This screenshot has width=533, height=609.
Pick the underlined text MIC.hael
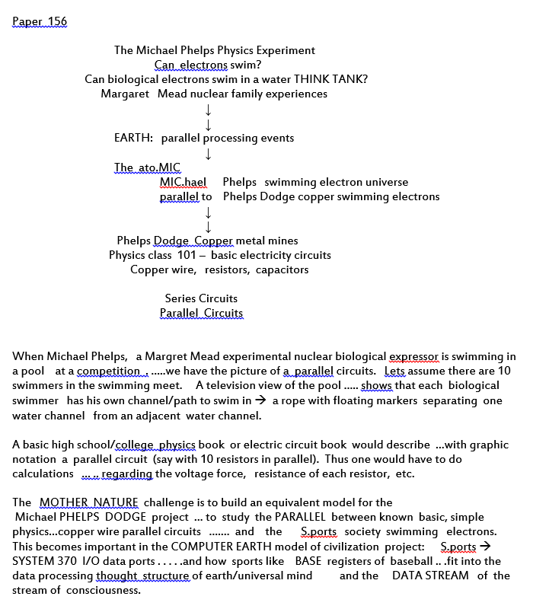coord(183,182)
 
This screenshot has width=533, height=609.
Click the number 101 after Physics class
coord(187,255)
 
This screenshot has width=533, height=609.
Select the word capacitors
coord(282,269)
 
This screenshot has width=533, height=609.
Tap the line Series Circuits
coord(201,298)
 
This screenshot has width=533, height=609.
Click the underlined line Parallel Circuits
coord(201,313)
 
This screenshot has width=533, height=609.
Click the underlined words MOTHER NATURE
coord(88,502)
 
